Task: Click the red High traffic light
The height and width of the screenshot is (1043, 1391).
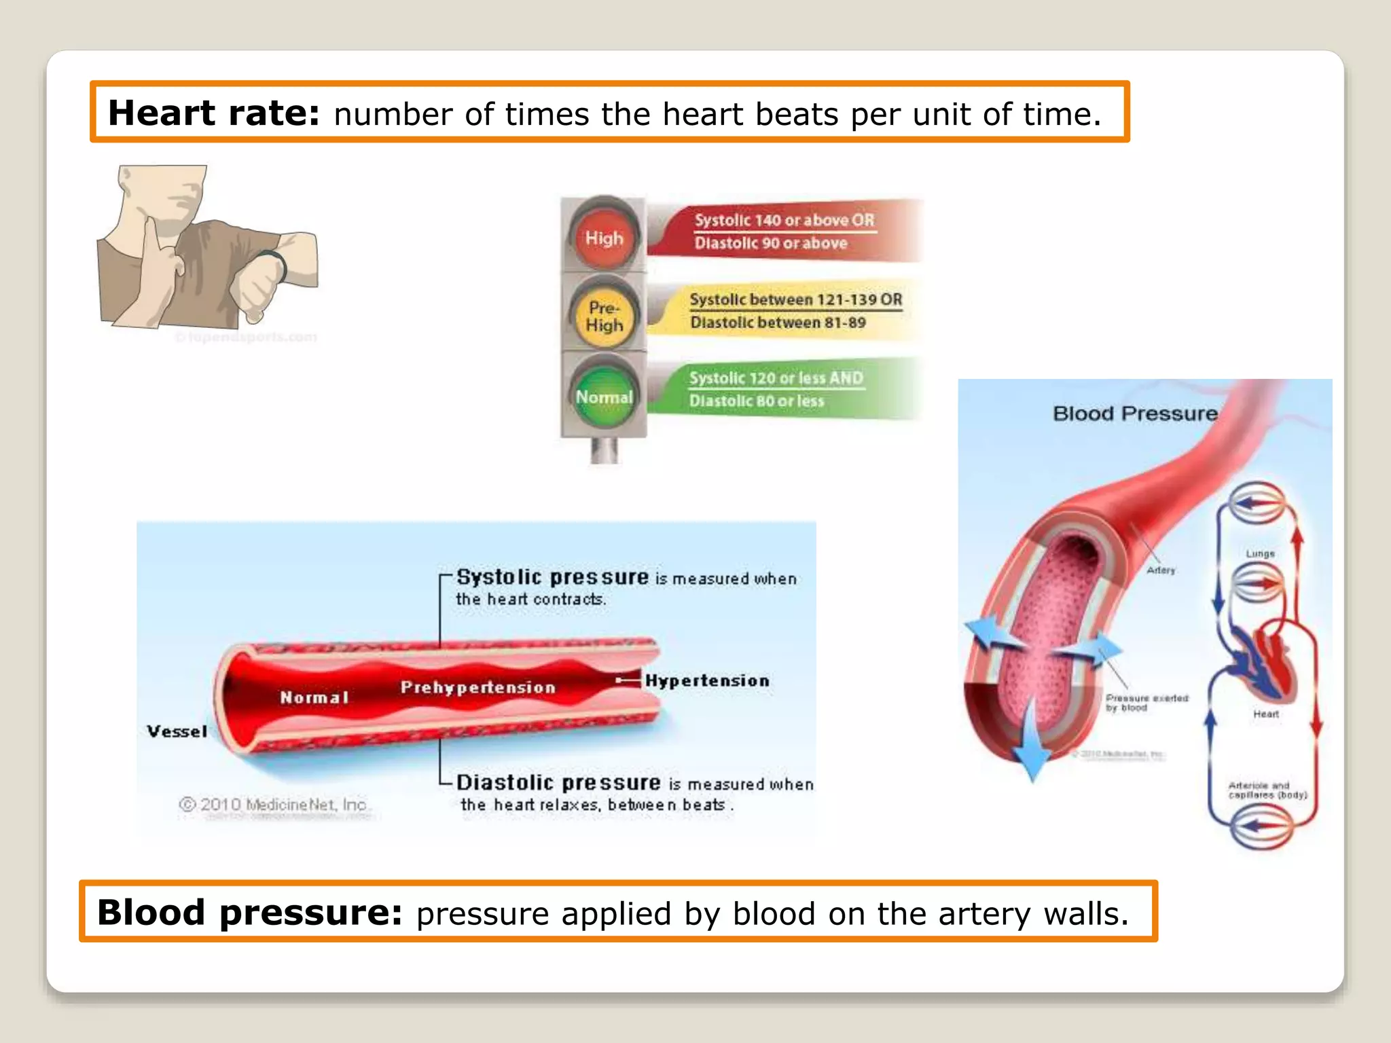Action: (x=604, y=237)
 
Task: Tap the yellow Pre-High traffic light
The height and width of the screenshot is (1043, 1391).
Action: (x=604, y=316)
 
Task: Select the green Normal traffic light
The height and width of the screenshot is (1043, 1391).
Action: (x=604, y=397)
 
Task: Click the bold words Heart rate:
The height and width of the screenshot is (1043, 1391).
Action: (x=213, y=113)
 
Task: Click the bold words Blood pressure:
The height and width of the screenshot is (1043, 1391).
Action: (x=249, y=912)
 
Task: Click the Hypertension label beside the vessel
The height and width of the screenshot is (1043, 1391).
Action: (x=707, y=680)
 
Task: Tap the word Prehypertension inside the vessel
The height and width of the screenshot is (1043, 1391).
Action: (x=477, y=687)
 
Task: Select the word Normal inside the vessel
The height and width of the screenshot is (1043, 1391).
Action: (x=314, y=697)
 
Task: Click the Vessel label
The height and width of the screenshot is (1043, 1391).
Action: (x=177, y=731)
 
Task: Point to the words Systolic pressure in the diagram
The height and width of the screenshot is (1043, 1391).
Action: (x=552, y=577)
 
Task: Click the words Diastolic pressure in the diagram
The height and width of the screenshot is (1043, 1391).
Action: (x=558, y=783)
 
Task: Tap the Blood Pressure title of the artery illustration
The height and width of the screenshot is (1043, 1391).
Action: (x=1134, y=414)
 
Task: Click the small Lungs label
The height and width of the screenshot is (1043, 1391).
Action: (x=1260, y=553)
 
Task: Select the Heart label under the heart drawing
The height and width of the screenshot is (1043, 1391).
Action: (x=1265, y=714)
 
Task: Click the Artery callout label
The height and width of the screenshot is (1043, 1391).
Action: (x=1161, y=570)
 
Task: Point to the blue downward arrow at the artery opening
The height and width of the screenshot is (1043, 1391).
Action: (x=1033, y=740)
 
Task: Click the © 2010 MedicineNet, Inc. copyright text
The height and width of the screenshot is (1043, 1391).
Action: (x=273, y=805)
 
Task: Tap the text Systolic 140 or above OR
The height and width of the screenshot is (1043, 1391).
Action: (x=784, y=220)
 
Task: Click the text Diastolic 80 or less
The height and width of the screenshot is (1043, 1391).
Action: (x=756, y=401)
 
